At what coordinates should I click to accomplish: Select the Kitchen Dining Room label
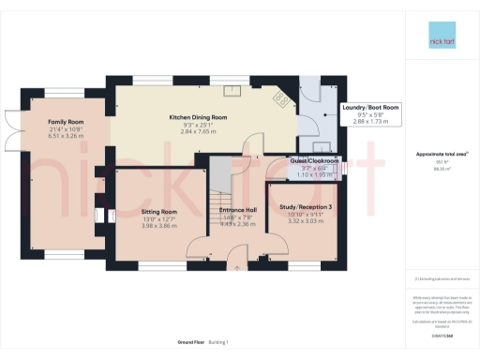(198, 117)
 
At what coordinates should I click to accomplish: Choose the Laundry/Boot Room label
(372, 108)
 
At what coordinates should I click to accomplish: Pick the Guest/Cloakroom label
(290, 160)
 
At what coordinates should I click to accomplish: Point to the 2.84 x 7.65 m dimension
(198, 132)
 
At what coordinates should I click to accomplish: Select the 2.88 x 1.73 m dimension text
(372, 123)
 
